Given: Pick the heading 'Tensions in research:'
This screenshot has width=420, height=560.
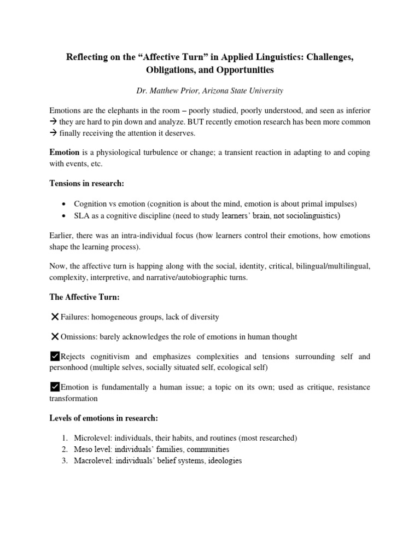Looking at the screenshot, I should (x=86, y=183).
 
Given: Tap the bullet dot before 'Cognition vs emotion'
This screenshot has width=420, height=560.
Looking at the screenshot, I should (x=65, y=204).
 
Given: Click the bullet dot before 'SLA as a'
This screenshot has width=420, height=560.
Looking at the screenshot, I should (x=65, y=215).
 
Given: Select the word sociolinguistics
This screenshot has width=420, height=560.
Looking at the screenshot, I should (x=308, y=215).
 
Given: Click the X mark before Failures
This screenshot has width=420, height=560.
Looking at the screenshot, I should (x=54, y=317).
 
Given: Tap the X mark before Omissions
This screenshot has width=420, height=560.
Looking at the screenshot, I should (x=54, y=336).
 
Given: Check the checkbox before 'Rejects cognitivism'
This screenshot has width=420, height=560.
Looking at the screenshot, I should (x=54, y=357).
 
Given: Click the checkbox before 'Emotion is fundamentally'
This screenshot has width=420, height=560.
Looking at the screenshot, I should (x=54, y=387).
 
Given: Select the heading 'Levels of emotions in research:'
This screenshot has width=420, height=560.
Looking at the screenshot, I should (x=103, y=418).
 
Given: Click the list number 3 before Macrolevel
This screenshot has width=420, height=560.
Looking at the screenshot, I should (x=64, y=460).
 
